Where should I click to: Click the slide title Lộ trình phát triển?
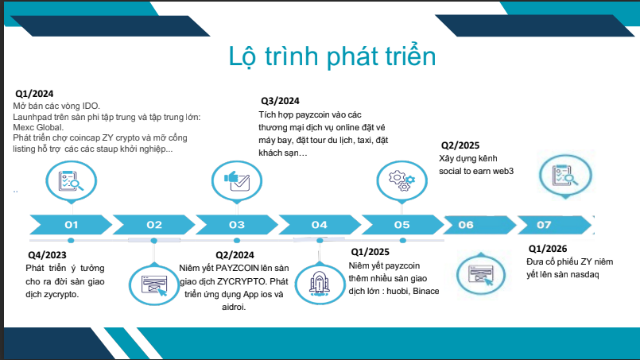332,56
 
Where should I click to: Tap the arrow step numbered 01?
71,224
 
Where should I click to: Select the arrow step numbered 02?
154,224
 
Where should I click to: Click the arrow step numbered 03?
237,224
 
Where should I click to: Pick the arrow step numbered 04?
320,224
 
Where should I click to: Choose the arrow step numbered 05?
402,224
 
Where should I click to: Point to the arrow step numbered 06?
479,224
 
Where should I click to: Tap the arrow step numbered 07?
555,224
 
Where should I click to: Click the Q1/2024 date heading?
34,94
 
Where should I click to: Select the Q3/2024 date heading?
280,101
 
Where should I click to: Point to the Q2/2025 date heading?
460,145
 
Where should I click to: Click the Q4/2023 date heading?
47,255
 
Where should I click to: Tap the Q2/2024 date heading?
235,255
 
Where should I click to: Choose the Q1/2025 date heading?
370,252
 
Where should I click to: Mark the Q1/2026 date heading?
548,249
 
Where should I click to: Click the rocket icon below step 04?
320,284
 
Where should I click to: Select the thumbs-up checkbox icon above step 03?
237,181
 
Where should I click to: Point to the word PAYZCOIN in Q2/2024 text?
237,268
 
